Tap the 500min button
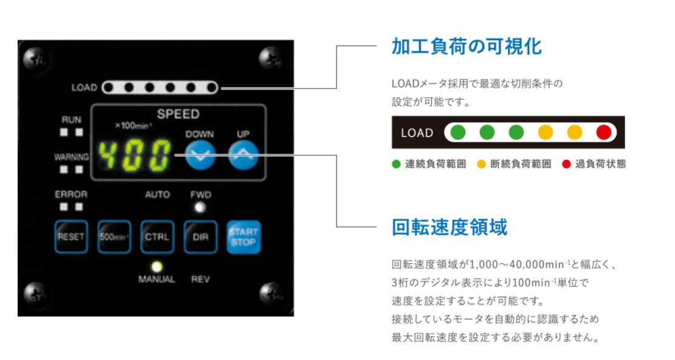[x=113, y=237]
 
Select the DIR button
[x=201, y=237]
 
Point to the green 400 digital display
[x=135, y=155]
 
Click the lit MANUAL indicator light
[x=157, y=266]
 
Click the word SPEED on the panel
[x=178, y=114]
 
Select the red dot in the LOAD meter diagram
[x=603, y=133]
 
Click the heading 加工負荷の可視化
[x=466, y=46]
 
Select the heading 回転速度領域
[x=449, y=227]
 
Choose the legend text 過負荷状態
[x=599, y=164]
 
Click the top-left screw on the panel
[x=32, y=59]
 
